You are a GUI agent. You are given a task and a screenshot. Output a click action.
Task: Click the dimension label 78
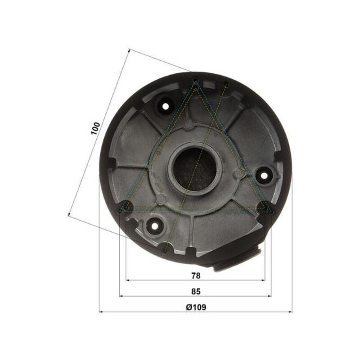coord(196,275)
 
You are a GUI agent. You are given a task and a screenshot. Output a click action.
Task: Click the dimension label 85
coord(196,291)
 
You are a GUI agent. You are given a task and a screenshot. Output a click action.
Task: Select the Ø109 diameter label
coord(196,307)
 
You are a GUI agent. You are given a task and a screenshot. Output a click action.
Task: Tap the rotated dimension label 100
coord(95,129)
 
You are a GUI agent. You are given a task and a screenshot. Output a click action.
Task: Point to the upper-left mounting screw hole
coord(166,106)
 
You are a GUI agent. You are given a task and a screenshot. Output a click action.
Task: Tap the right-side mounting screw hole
coord(264,175)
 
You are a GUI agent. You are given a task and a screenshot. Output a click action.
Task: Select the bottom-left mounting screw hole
coord(155,226)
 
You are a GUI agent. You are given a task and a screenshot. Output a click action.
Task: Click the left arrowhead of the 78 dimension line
coord(128,280)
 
